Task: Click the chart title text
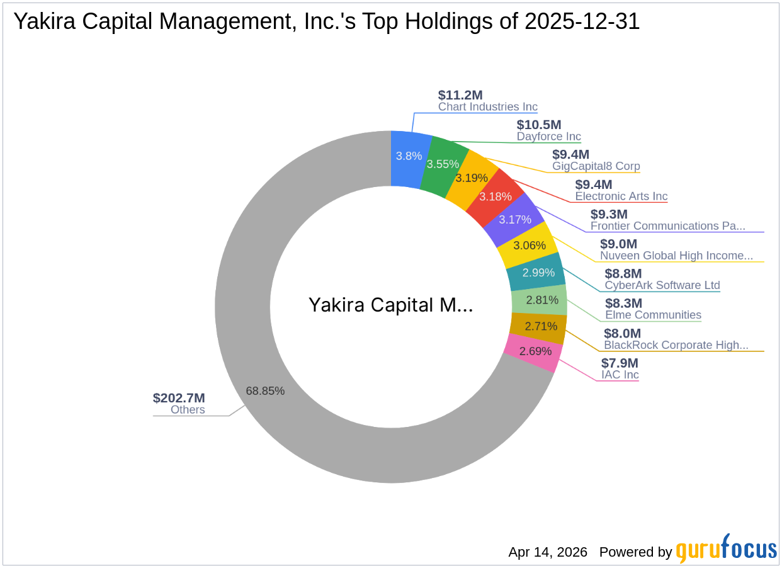(327, 21)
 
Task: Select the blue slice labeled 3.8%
(409, 156)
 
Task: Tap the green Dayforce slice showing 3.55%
(443, 164)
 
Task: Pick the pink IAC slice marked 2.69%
(535, 351)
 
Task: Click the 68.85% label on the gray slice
(265, 391)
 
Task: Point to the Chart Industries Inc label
(488, 107)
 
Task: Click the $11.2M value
(460, 95)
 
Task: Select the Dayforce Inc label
(548, 137)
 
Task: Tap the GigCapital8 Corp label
(596, 166)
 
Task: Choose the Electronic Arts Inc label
(621, 196)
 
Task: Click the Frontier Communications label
(667, 226)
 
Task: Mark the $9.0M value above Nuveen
(618, 244)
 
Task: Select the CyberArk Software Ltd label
(662, 285)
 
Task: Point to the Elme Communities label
(653, 315)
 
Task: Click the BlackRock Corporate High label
(676, 345)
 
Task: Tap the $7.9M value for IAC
(620, 363)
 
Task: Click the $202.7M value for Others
(179, 398)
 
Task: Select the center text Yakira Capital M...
(390, 305)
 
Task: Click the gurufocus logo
(726, 549)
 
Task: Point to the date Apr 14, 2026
(547, 552)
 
